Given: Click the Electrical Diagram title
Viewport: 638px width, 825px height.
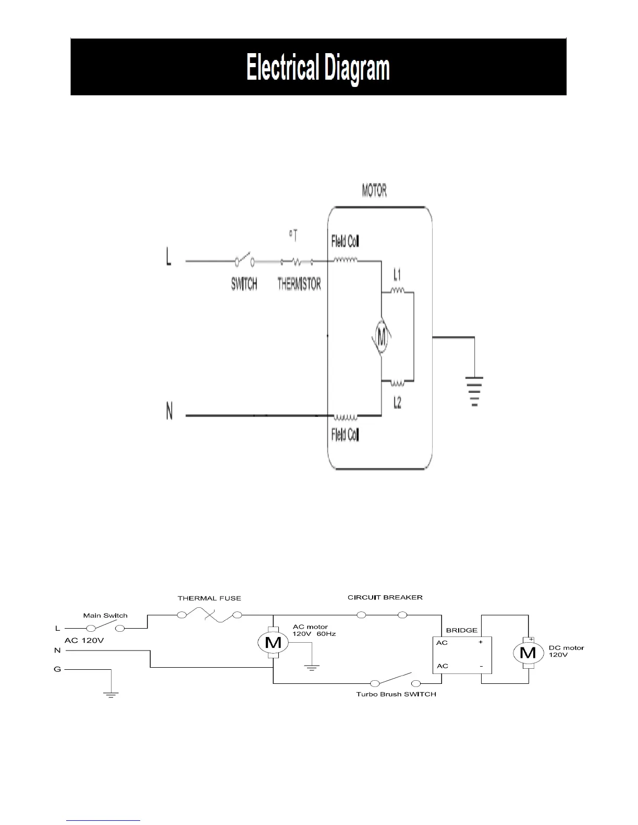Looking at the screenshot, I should (318, 68).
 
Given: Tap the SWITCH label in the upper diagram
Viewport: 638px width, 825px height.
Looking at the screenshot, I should (244, 284).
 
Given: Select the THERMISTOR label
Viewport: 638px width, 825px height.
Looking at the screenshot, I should (299, 284).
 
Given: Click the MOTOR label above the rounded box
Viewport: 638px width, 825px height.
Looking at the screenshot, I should (374, 191).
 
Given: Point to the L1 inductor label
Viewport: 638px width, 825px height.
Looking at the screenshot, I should (397, 274).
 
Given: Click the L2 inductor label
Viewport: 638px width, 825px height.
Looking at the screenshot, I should (397, 403).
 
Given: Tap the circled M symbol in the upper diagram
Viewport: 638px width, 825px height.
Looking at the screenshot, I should (382, 339).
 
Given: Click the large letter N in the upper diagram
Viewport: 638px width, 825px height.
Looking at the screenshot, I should (169, 413).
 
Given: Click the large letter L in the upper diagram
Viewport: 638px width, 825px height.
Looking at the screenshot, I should (169, 257).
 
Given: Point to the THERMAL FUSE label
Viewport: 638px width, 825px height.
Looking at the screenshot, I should (210, 598).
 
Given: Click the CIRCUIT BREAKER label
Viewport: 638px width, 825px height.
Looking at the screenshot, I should (385, 597).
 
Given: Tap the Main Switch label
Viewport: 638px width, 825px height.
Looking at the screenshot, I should (105, 616).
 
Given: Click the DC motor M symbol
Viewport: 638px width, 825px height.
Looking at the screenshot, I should (529, 652).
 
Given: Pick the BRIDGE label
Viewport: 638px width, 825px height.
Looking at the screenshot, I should (462, 630).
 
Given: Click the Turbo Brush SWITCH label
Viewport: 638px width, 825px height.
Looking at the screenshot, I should (396, 694).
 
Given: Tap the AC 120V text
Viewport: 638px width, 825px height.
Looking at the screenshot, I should (84, 640).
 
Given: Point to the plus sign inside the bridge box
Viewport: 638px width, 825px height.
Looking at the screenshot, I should (481, 642).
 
